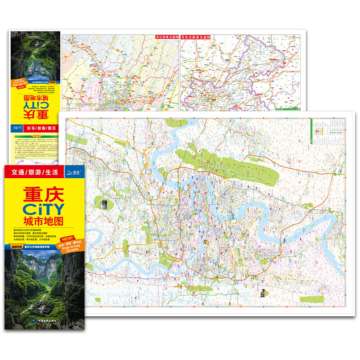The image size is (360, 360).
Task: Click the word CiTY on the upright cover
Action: tap(42, 209)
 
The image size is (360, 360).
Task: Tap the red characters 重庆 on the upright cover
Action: tap(42, 194)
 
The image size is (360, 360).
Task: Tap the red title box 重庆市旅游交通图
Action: tap(197, 38)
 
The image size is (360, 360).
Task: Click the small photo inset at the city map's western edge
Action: tap(104, 203)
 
